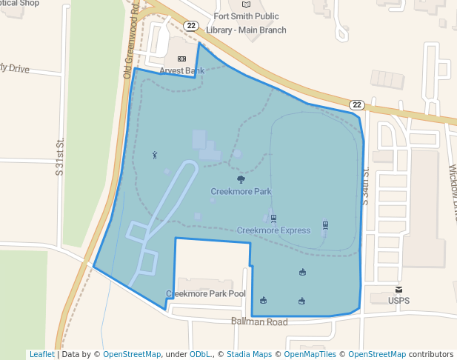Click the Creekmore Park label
coord(241,191)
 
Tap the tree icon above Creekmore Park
coord(241,179)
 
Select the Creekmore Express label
coord(273,230)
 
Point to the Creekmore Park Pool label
coord(206,294)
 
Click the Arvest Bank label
coord(182,71)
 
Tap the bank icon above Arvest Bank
coord(181,59)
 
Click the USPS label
coord(399,301)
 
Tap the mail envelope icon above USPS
coord(399,289)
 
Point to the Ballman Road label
coord(258,322)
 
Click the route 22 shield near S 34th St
coord(356,104)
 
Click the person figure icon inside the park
coord(155,155)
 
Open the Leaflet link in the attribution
coord(41,354)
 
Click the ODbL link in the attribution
coord(199,354)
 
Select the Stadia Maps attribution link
coord(249,354)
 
